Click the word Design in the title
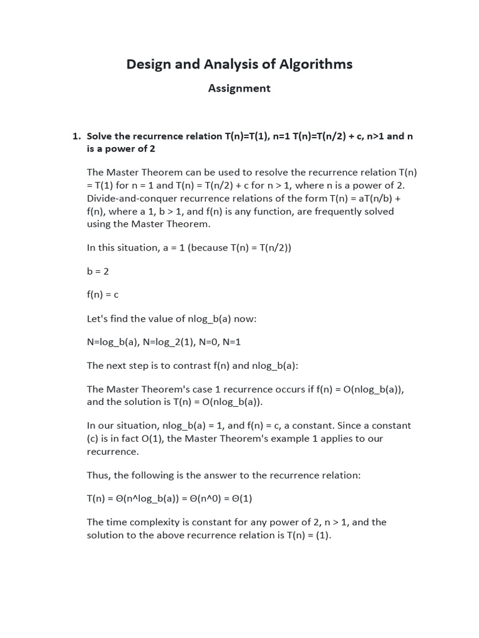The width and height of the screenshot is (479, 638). click(x=148, y=64)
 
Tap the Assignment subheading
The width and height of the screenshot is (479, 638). click(x=239, y=88)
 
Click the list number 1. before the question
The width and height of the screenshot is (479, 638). click(x=77, y=136)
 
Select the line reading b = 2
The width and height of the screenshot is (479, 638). click(x=98, y=271)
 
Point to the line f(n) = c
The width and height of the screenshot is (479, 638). click(x=102, y=295)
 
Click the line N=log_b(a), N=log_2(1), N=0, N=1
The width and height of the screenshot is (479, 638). click(x=163, y=342)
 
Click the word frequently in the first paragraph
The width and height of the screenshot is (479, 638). click(x=336, y=211)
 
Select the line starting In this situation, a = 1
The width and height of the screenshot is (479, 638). click(x=189, y=247)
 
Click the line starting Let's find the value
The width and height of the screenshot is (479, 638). click(x=172, y=319)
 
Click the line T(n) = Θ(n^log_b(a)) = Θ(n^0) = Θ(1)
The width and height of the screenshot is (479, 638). click(x=169, y=498)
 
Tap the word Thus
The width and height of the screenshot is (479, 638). click(x=98, y=475)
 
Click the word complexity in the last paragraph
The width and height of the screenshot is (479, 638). click(x=153, y=522)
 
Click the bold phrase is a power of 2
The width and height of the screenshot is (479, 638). click(x=121, y=149)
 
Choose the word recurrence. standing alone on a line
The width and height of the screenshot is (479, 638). click(x=113, y=452)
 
